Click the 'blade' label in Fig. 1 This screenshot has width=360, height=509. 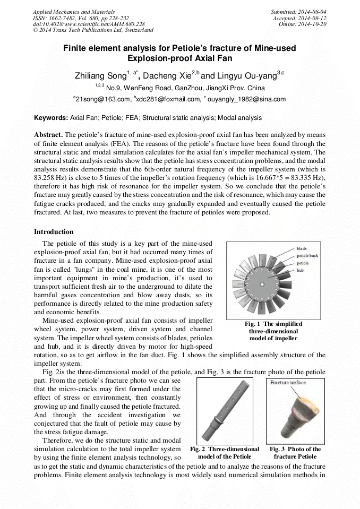[x=302, y=248]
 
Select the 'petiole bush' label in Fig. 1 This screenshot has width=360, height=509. [x=307, y=256]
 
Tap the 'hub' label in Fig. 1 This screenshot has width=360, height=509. [x=300, y=271]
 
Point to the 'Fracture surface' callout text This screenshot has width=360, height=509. [x=288, y=383]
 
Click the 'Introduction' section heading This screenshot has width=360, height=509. [x=54, y=232]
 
